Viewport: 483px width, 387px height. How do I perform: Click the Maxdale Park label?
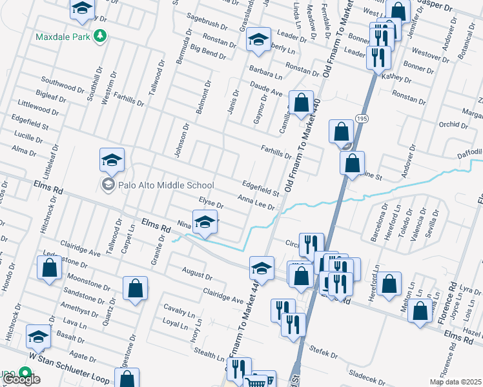[x=63, y=37]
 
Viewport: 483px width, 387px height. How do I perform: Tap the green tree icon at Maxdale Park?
[x=99, y=37]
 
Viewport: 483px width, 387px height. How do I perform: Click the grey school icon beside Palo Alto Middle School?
[x=107, y=185]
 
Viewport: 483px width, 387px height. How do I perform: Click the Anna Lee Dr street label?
[x=256, y=203]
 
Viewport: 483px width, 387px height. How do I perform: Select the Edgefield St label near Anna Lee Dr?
[x=260, y=187]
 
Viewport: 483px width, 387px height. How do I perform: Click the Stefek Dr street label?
[x=324, y=352]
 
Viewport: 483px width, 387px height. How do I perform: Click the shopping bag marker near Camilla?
[x=301, y=103]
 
